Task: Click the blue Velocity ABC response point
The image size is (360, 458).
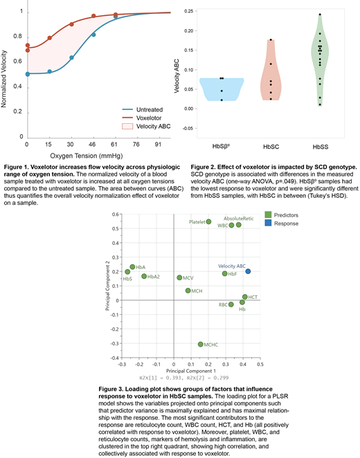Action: pos(248,271)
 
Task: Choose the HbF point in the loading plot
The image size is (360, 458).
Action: pos(225,273)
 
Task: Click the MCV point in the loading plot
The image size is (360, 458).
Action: pos(179,277)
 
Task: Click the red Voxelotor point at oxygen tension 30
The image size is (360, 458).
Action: pos(71,24)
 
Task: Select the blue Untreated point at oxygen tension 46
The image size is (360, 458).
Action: pos(93,34)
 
